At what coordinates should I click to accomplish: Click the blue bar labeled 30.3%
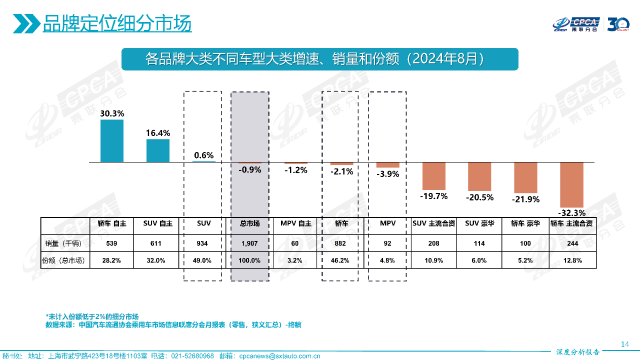(112, 140)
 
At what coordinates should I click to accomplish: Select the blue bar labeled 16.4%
(158, 150)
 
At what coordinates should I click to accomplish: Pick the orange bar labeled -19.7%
(433, 175)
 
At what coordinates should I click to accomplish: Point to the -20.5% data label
(479, 197)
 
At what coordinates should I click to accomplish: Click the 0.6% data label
(203, 155)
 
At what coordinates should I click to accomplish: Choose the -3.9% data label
(387, 174)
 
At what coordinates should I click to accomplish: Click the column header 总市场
(249, 223)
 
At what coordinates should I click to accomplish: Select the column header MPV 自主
(295, 223)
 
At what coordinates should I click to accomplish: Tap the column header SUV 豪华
(479, 223)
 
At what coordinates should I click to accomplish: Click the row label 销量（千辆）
(65, 244)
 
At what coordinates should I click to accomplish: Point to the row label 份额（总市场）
(65, 260)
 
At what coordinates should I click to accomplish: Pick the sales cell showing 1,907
(249, 244)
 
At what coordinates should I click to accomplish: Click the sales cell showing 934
(203, 244)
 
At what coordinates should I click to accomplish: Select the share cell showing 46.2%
(341, 260)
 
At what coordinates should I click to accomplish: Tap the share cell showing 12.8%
(571, 260)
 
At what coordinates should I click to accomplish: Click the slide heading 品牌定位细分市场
(117, 23)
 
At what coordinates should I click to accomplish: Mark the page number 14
(624, 344)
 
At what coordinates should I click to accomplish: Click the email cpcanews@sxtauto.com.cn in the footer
(279, 356)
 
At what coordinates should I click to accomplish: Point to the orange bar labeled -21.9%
(525, 177)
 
